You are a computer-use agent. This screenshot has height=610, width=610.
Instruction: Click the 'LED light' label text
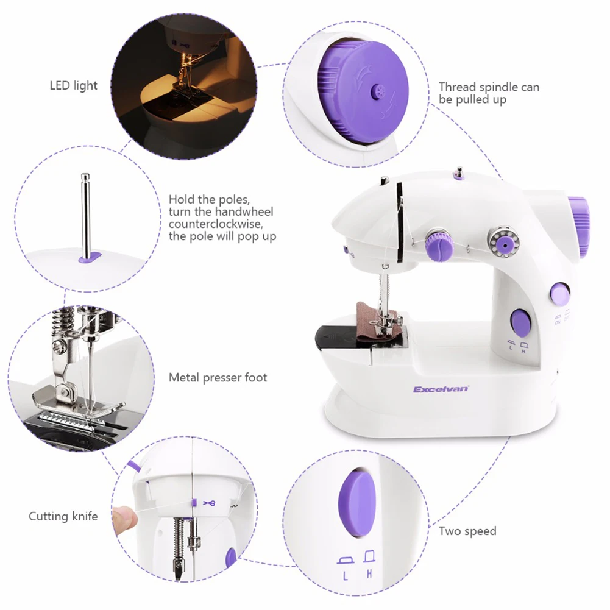(73, 85)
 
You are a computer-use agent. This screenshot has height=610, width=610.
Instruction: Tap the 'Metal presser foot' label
(218, 378)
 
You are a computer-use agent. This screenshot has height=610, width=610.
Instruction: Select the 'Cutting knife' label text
(63, 517)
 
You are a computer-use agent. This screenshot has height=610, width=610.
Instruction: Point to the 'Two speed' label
(467, 531)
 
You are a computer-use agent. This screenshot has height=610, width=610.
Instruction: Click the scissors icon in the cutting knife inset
(210, 503)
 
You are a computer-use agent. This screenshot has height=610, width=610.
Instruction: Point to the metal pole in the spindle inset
(85, 213)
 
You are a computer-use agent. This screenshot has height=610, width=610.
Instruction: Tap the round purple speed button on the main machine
(520, 321)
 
